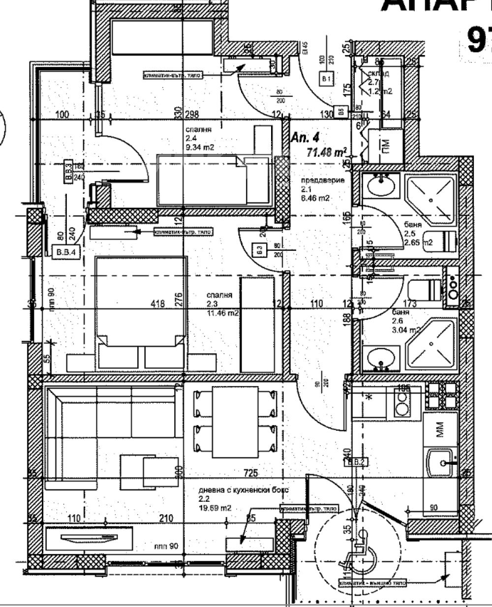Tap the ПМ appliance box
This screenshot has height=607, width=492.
click(387, 146)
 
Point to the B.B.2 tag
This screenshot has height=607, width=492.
click(355, 462)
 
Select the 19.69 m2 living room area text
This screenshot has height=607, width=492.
click(215, 508)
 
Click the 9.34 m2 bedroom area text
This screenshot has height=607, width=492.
click(200, 147)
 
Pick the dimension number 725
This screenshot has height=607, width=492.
click(251, 473)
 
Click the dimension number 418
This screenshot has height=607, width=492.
click(157, 304)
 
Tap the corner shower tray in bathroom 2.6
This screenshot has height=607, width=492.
click(430, 343)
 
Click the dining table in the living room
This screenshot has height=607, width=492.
click(235, 421)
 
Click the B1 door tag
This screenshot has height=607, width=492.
click(327, 79)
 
